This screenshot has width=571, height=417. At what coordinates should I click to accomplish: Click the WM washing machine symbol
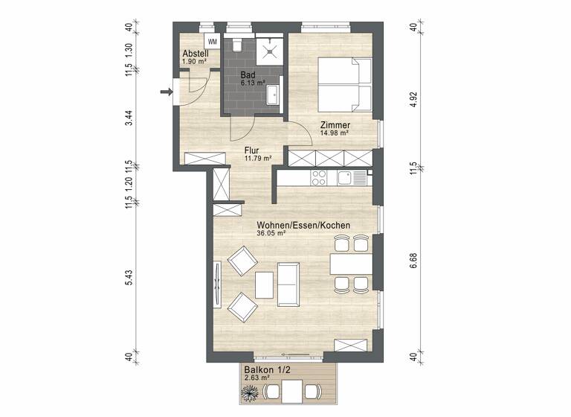[213, 41]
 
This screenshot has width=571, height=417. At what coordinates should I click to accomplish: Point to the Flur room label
[252, 150]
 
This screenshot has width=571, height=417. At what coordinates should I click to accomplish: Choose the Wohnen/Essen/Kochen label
[303, 225]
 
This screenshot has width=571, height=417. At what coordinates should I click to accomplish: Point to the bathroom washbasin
[274, 95]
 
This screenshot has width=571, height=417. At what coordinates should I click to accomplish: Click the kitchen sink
[347, 177]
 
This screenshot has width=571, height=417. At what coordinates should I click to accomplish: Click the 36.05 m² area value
[272, 233]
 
